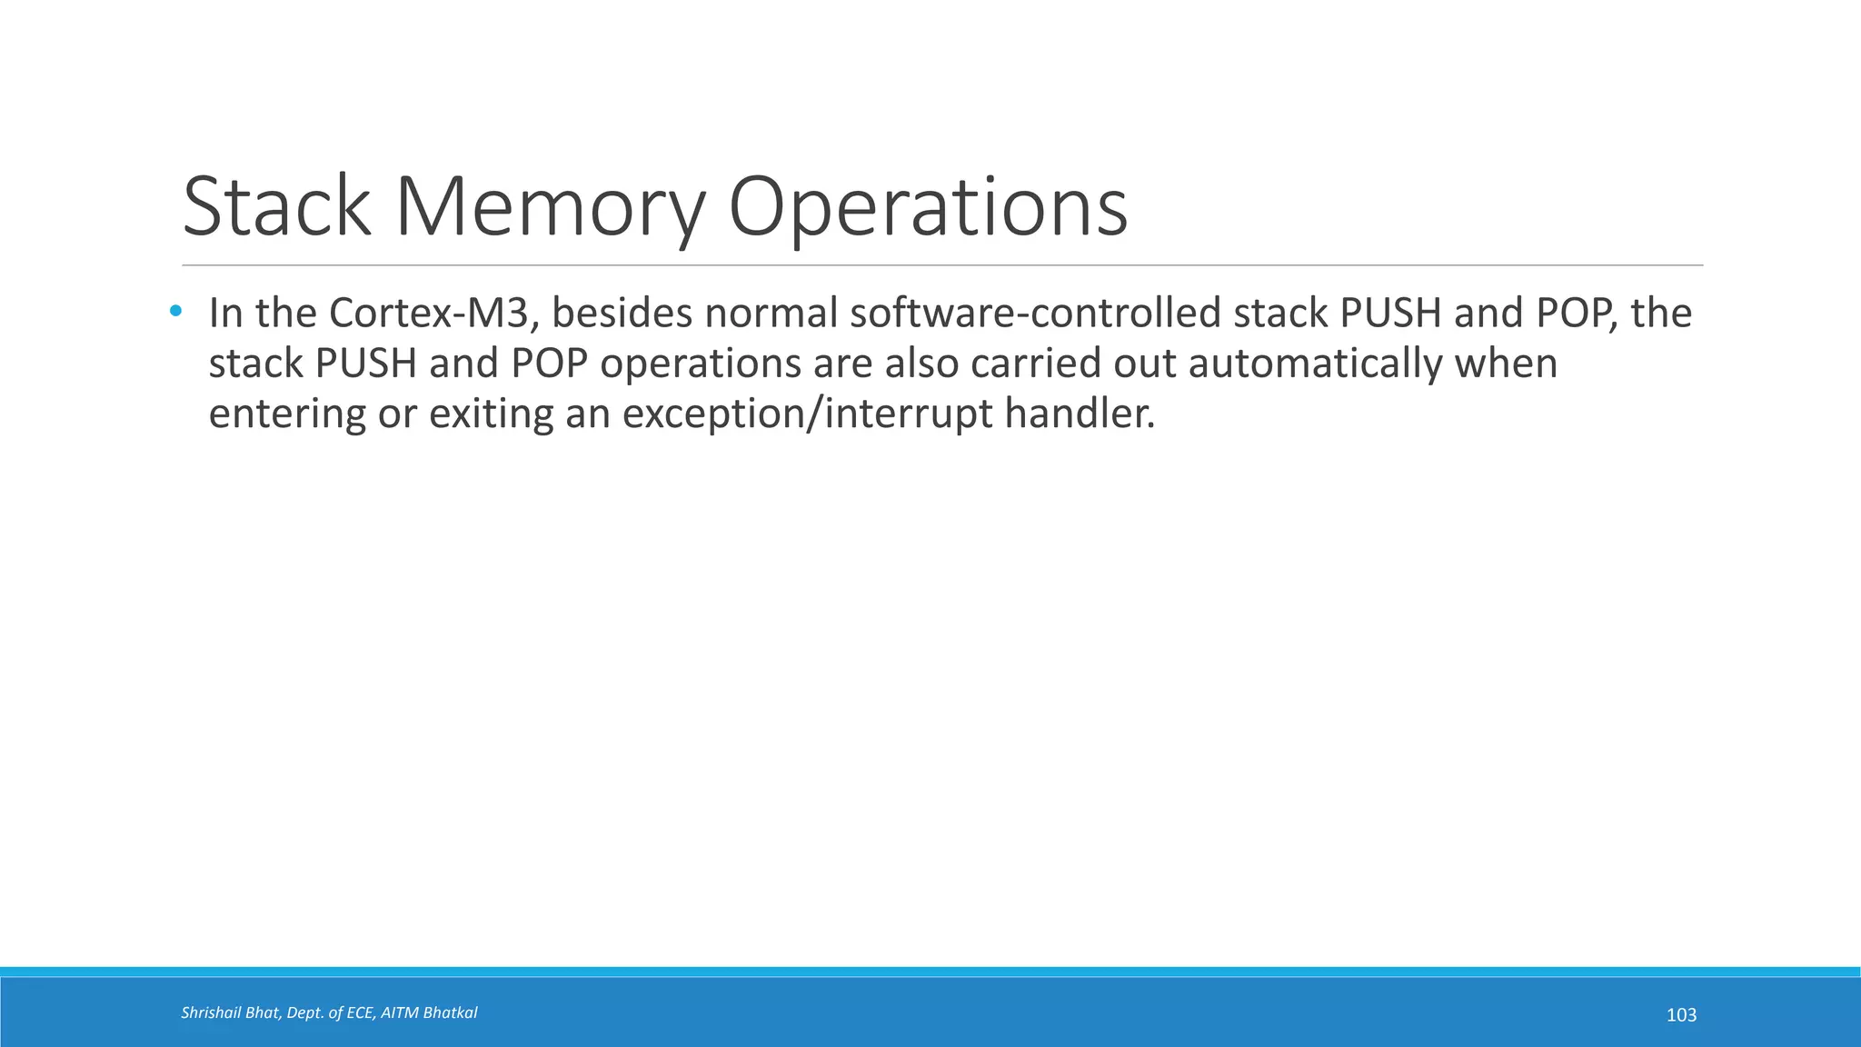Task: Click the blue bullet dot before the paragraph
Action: pos(175,312)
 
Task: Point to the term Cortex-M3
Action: pos(428,314)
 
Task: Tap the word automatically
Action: pos(1315,364)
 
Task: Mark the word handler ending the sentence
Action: pos(1080,414)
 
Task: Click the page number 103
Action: pos(1681,1015)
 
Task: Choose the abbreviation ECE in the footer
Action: pos(360,1012)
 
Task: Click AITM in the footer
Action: pos(400,1012)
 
